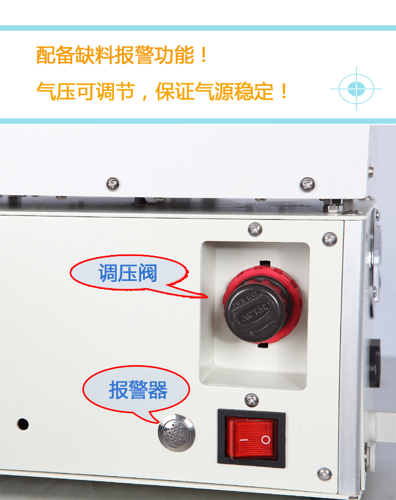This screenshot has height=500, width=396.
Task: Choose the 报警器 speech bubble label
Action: (137, 390)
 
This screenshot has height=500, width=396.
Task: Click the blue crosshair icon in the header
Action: (357, 89)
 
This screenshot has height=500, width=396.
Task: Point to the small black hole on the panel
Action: (23, 424)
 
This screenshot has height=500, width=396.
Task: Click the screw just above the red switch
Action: (252, 399)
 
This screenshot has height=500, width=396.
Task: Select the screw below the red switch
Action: (325, 474)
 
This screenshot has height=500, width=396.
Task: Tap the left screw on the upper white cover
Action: (113, 184)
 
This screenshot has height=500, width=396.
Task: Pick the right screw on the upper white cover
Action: (307, 184)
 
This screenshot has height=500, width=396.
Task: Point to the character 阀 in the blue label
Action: (148, 274)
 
